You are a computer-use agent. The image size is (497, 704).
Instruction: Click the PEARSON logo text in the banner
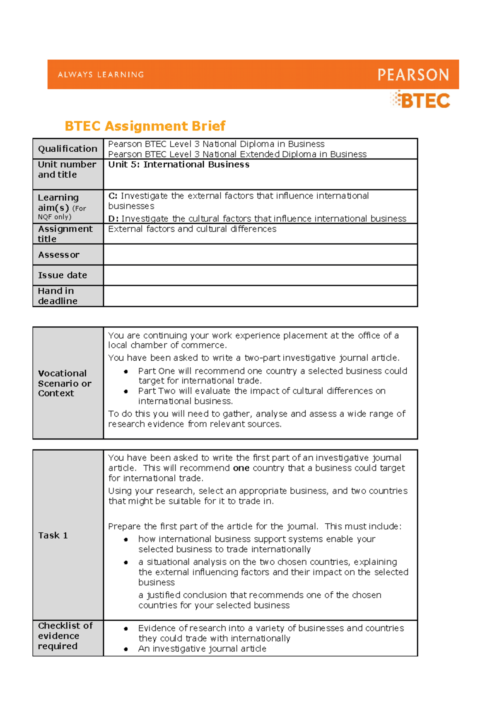point(413,75)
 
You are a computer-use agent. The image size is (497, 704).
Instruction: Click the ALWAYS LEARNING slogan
point(101,75)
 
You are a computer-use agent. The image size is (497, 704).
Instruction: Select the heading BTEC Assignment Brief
point(145,126)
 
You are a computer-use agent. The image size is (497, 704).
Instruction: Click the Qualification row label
point(68,149)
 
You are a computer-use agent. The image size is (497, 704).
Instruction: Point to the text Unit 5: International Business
point(179,165)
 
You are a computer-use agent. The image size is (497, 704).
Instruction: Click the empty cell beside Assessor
point(260,255)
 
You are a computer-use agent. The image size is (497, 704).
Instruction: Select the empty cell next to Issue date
point(260,275)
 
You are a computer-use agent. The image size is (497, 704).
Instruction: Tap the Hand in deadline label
point(58,296)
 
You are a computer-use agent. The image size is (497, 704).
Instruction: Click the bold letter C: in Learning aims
point(113,196)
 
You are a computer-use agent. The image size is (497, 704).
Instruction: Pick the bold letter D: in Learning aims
point(113,218)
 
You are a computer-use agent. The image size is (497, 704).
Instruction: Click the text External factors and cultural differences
point(192,229)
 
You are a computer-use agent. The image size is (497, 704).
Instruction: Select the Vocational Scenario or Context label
point(64,383)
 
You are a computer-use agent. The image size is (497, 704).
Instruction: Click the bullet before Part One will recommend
point(126,371)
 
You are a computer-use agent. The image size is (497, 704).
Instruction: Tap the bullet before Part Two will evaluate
point(126,391)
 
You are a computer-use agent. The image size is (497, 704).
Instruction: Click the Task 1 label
point(53,535)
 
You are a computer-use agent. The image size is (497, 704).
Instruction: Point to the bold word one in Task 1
point(241,468)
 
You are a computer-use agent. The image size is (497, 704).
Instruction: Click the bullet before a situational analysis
point(126,563)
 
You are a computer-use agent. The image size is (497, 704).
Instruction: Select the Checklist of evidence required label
point(65,636)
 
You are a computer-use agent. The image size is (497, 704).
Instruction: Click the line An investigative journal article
point(202,649)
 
